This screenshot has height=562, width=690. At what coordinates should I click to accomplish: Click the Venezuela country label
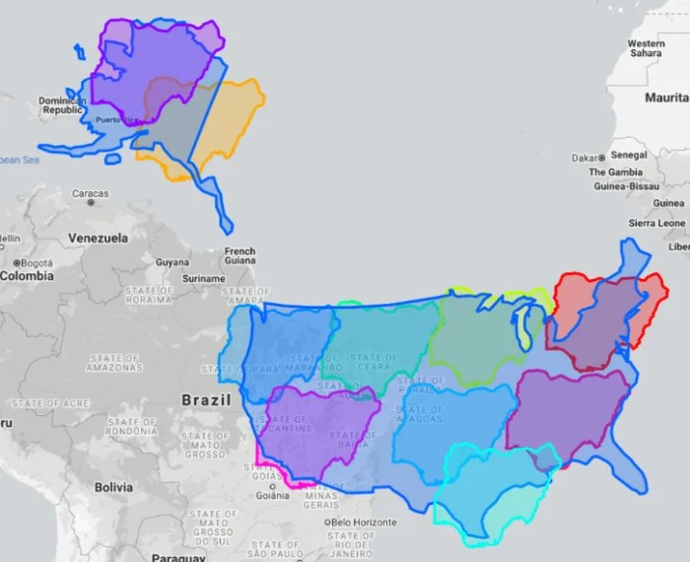click(x=98, y=238)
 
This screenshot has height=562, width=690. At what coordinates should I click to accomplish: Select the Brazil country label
click(x=206, y=400)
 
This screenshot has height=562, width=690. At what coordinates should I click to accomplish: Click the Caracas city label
click(x=91, y=193)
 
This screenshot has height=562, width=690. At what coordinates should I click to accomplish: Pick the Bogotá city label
click(x=37, y=263)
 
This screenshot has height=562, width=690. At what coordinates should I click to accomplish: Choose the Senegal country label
click(x=628, y=155)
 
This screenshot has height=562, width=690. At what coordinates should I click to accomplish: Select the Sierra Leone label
click(x=656, y=223)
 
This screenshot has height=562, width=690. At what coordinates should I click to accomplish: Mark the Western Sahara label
click(x=646, y=48)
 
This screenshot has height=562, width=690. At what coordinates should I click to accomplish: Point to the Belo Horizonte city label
click(x=369, y=522)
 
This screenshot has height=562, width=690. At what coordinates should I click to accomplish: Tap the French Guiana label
click(x=240, y=257)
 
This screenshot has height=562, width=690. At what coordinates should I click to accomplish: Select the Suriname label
click(x=204, y=278)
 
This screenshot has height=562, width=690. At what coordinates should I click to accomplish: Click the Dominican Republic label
click(x=61, y=105)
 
